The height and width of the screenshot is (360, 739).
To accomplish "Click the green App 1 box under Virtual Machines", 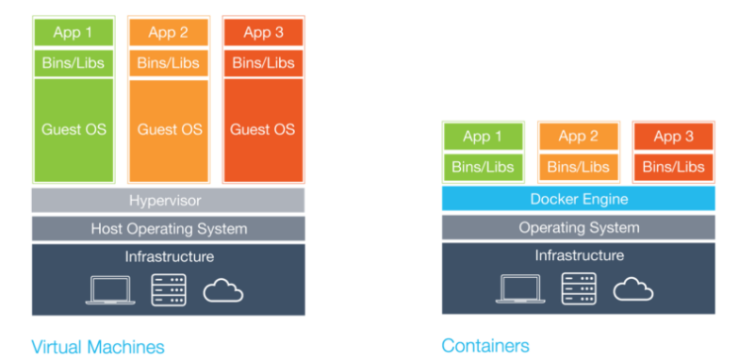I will (74, 32).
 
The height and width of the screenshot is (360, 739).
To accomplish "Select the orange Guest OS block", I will (169, 130).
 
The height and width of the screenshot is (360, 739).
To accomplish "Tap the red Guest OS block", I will (263, 130).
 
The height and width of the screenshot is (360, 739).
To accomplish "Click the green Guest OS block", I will (74, 130).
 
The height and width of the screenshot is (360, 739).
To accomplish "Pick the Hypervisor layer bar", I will (169, 201).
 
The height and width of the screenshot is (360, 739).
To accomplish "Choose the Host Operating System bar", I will (169, 229).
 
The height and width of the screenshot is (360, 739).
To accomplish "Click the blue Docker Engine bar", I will (578, 199).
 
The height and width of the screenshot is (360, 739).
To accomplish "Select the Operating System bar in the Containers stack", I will (578, 227).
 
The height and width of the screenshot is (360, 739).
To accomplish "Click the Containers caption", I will (484, 345).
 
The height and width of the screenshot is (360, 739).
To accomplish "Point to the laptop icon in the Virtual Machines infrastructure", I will (109, 290).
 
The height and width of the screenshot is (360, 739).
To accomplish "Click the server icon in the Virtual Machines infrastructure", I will (169, 289).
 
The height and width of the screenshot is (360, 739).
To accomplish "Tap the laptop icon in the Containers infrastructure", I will (520, 289).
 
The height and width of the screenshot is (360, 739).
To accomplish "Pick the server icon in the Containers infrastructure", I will (578, 288).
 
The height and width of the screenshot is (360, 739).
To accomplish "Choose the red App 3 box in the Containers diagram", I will (673, 137).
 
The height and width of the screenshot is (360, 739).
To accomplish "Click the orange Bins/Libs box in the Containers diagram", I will (578, 167).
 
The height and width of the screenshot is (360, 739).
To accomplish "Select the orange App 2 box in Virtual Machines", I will (169, 32).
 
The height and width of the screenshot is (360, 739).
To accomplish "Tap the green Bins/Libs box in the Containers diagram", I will (483, 167).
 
